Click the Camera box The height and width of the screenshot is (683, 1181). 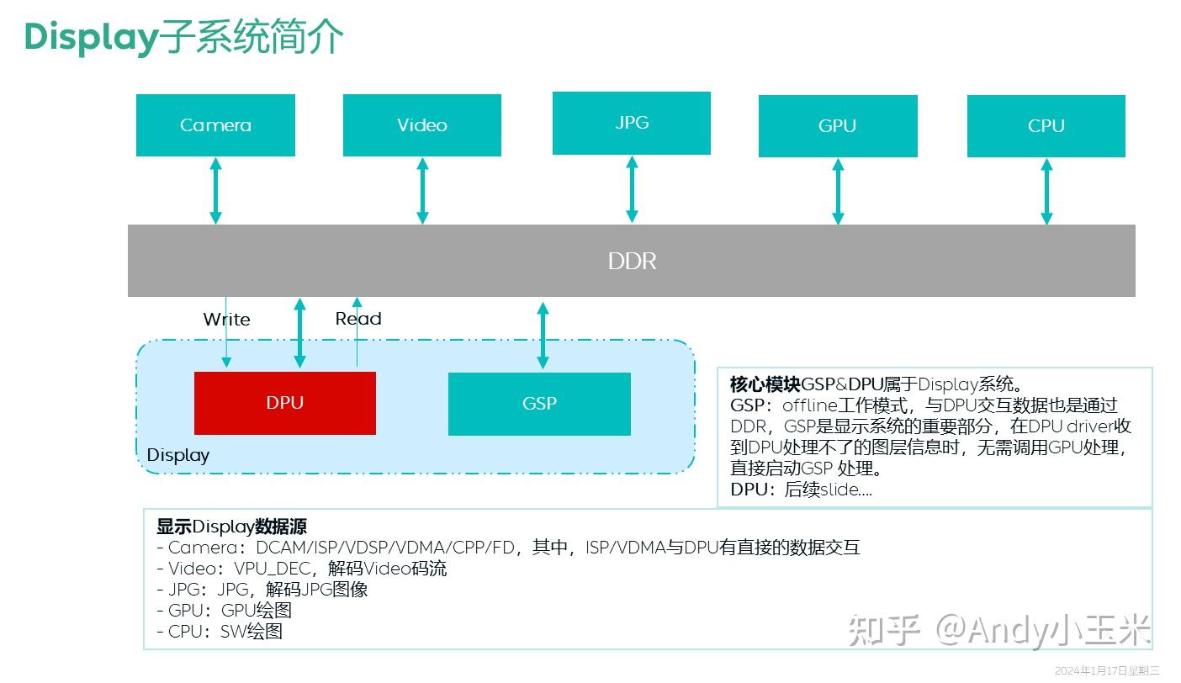[215, 125]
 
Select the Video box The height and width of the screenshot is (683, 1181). [422, 125]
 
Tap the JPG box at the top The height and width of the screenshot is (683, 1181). [632, 123]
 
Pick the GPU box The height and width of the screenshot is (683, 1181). [838, 126]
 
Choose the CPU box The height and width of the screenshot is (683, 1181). [1046, 126]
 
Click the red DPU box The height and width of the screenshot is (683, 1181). [284, 403]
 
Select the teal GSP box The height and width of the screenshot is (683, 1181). [539, 404]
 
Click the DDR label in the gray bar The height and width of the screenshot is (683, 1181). [632, 261]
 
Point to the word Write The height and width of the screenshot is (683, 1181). [226, 320]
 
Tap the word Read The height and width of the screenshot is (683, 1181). [358, 319]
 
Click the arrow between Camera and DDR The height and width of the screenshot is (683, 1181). [215, 191]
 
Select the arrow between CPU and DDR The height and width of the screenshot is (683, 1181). [1046, 192]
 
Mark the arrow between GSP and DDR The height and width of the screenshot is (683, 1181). [543, 335]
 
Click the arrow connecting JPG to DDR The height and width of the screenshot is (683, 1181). [632, 189]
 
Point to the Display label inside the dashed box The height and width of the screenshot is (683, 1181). [177, 455]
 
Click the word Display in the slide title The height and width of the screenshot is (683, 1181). [91, 37]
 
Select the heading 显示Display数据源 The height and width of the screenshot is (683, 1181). [231, 527]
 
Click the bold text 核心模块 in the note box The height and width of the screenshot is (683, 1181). [765, 385]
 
